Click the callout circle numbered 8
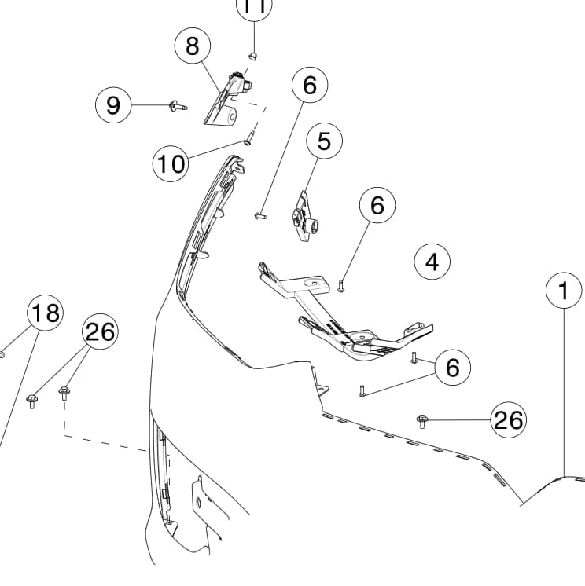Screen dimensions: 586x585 193,46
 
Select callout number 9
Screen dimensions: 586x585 114,104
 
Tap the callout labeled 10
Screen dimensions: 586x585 171,163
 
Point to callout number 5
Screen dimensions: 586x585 325,141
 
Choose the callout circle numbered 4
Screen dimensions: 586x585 432,262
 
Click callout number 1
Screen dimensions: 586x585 563,291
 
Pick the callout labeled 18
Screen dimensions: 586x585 46,313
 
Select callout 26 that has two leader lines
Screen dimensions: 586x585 101,333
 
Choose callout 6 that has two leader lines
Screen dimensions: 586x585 452,367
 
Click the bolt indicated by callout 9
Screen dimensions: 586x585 173,104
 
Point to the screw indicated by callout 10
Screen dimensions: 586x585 248,140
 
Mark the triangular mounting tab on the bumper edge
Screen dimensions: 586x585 321,389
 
